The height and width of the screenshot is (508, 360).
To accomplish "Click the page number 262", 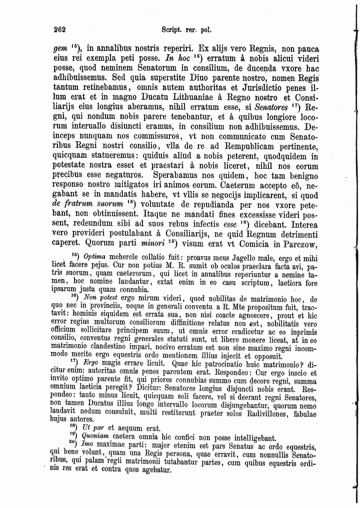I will (60, 30).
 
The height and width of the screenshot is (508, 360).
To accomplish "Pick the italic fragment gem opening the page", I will (60, 49).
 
